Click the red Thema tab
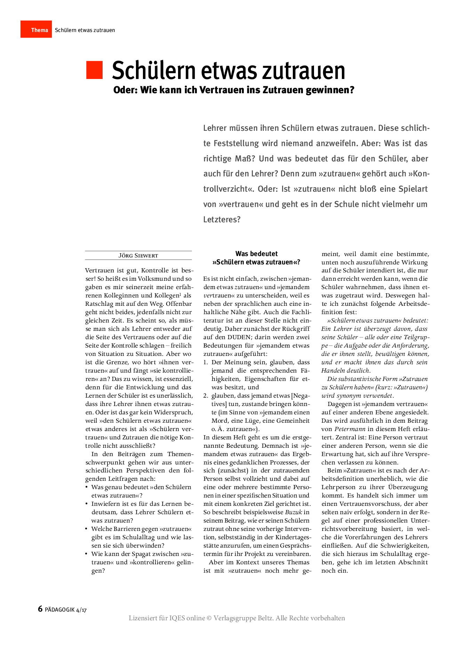click(36, 30)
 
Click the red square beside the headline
click(94, 70)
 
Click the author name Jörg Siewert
click(138, 256)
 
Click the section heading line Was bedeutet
click(256, 254)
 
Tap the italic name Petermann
click(350, 429)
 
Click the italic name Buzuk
click(294, 512)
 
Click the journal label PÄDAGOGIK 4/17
click(66, 610)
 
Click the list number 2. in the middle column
click(206, 396)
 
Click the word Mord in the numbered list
click(220, 421)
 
